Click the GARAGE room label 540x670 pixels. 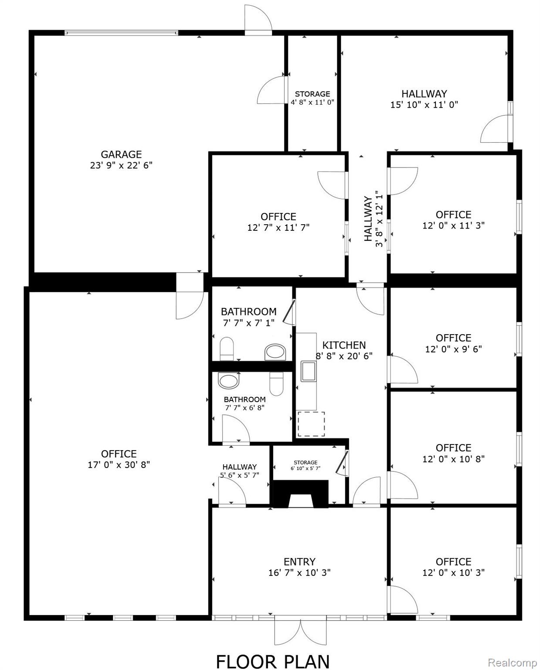click(x=121, y=154)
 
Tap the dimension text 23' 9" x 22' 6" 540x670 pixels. click(x=121, y=165)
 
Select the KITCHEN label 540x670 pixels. click(x=344, y=345)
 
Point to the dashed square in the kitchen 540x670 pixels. click(x=311, y=424)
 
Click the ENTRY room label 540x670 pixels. click(x=299, y=562)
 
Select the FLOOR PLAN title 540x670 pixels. click(x=273, y=661)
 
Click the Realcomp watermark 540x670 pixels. click(x=512, y=663)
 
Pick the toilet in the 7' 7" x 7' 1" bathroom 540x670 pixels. click(x=227, y=349)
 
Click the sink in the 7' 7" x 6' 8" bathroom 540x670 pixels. click(x=229, y=380)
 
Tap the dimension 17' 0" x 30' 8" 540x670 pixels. click(x=119, y=465)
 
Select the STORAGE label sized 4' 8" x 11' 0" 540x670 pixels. click(x=312, y=94)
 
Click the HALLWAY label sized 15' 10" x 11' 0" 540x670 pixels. click(x=424, y=94)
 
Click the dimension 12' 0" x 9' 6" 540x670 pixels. click(x=453, y=349)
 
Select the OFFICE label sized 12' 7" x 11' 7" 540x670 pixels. click(x=278, y=217)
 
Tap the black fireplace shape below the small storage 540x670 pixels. click(x=300, y=494)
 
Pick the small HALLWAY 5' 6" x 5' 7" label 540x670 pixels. click(x=239, y=467)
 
